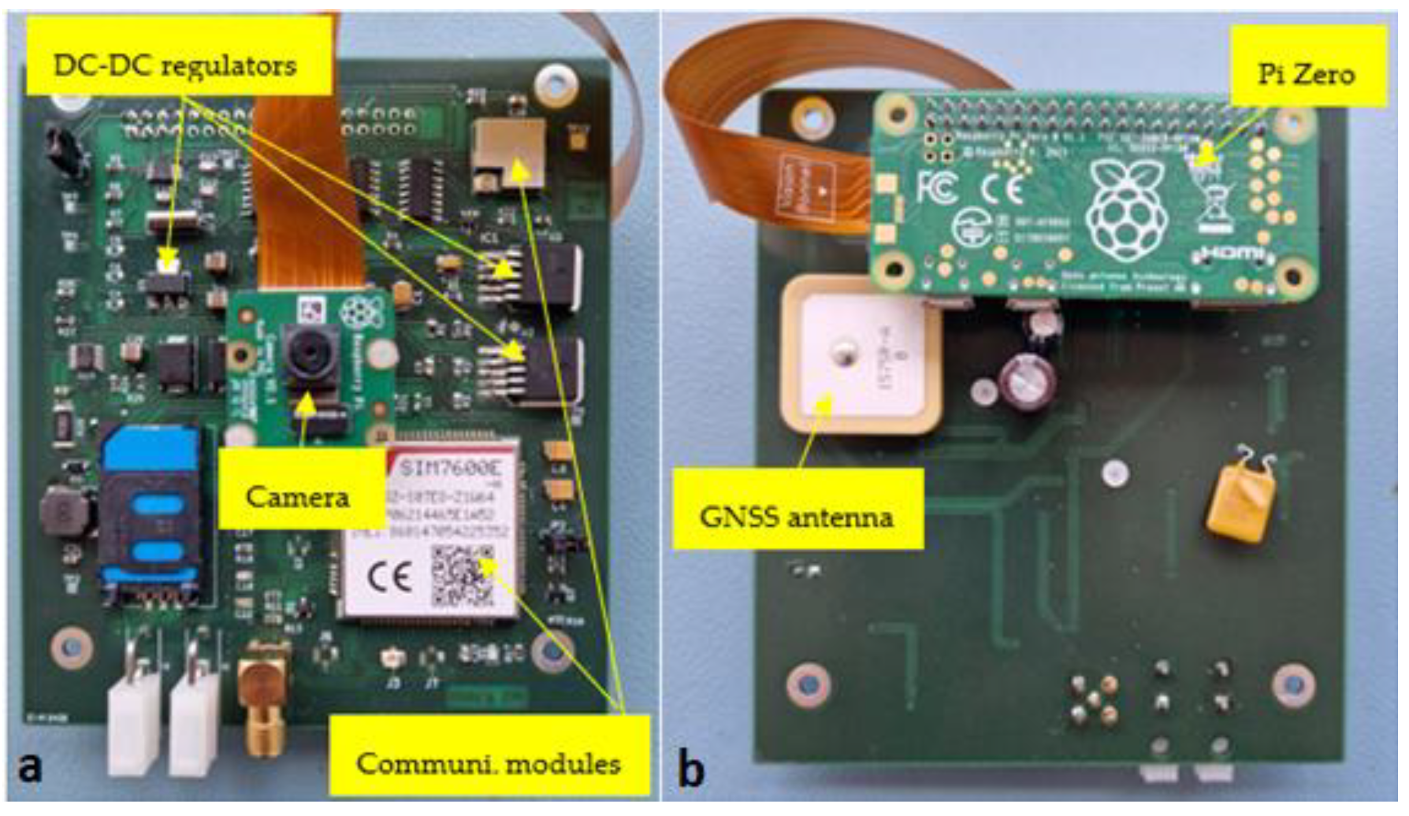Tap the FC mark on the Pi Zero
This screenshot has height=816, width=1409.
click(936, 188)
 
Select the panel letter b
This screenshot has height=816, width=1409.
click(690, 769)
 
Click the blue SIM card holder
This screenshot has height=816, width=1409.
click(151, 514)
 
